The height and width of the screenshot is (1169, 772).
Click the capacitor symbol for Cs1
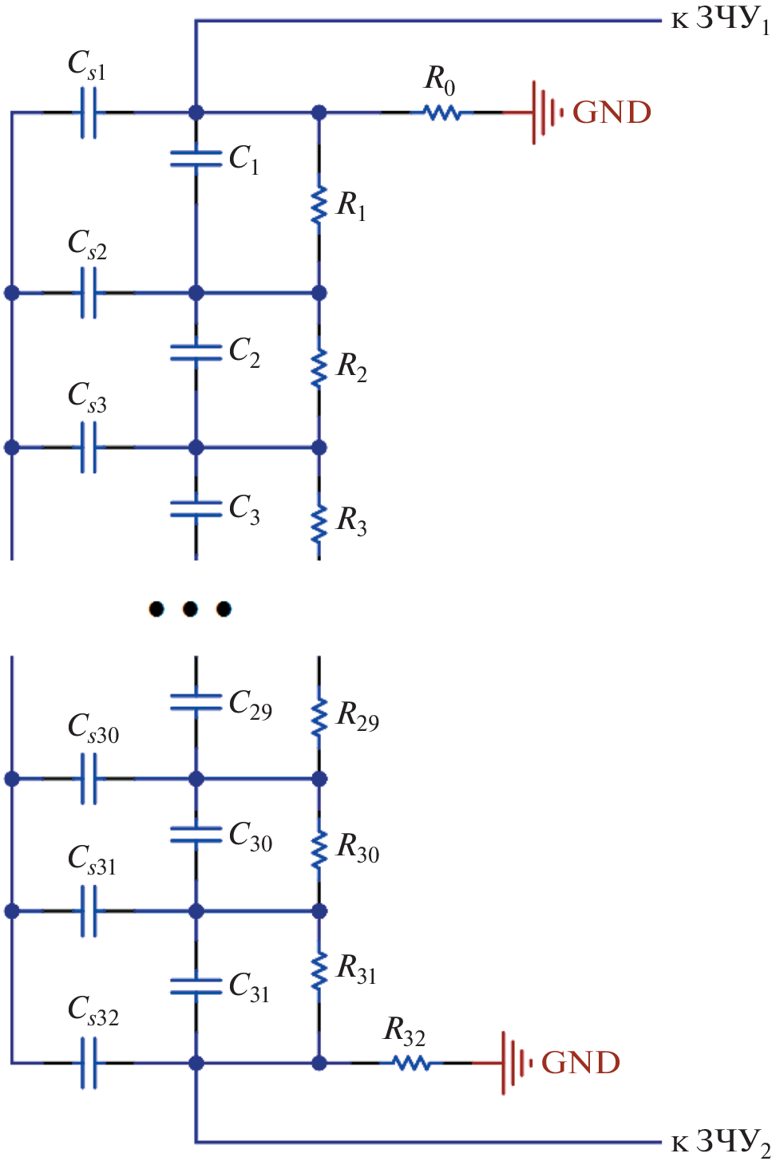[x=89, y=113]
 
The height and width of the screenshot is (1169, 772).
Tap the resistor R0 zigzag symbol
[x=442, y=113]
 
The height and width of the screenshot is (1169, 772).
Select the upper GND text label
[x=612, y=113]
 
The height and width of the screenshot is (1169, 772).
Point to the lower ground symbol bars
[x=514, y=1063]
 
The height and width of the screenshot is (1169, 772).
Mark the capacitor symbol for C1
[x=196, y=159]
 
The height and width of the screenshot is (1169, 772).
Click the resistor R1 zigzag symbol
[x=319, y=204]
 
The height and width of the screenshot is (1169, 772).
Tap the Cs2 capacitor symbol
[x=89, y=293]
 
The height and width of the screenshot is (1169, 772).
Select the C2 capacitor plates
[x=196, y=352]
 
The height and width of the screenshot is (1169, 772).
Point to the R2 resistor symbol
[x=319, y=367]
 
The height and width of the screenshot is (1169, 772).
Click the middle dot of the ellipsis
[x=190, y=610]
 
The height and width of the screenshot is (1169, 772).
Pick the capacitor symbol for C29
[x=196, y=702]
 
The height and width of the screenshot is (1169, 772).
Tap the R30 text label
[x=358, y=847]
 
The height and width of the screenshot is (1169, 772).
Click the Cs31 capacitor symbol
[x=89, y=910]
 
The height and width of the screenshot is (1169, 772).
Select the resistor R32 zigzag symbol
[x=411, y=1063]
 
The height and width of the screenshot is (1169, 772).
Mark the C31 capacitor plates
[x=196, y=986]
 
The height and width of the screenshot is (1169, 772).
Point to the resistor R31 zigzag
[x=319, y=971]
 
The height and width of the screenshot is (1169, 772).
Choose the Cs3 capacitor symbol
[x=89, y=448]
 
